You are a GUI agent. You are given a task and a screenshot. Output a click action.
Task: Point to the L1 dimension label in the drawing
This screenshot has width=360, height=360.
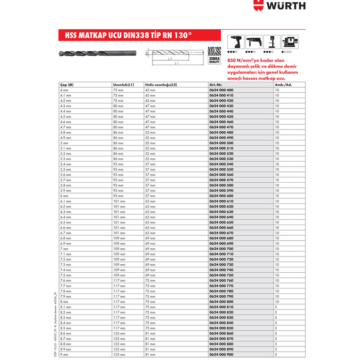[x=176, y=63]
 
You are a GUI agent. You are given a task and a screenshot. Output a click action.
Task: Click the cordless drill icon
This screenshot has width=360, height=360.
[x=235, y=42]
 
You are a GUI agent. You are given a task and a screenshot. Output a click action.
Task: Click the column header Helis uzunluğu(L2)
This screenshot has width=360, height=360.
[x=161, y=85]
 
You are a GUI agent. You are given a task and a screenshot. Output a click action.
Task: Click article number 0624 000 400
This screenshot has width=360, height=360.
[x=221, y=90]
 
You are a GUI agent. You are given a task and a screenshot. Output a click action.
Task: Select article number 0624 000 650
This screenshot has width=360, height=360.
[x=221, y=222]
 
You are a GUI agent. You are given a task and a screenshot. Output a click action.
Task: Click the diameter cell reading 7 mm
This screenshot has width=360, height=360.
[x=63, y=249]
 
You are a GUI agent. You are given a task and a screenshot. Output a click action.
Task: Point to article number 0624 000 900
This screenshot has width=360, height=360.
[x=221, y=355]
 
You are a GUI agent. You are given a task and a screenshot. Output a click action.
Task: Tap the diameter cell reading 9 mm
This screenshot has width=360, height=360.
[x=63, y=355]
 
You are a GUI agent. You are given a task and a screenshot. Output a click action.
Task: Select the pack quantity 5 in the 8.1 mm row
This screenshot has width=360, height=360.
[x=276, y=307]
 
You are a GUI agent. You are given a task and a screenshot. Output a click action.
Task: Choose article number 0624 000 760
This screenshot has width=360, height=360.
[x=221, y=280]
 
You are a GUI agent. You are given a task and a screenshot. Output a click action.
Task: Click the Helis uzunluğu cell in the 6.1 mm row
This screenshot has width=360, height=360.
[x=150, y=201]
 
